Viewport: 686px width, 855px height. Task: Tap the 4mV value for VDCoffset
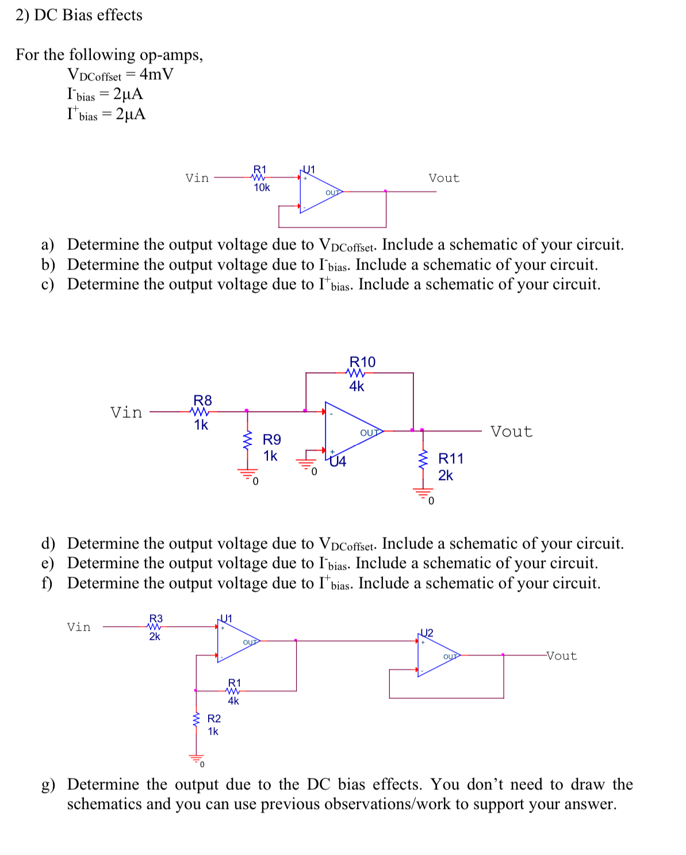point(156,74)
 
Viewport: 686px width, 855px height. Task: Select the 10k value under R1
point(262,187)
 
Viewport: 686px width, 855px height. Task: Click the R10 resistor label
point(362,362)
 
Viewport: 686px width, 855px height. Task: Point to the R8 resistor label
point(202,400)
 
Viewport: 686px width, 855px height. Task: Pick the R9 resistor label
point(272,440)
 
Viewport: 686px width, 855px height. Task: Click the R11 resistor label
point(450,458)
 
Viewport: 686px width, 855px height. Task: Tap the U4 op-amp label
point(338,462)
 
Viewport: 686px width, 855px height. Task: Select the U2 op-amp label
point(427,632)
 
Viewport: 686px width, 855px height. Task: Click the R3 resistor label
point(156,618)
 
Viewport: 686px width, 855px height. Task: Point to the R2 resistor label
point(214,719)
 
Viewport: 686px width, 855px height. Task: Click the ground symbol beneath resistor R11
point(424,493)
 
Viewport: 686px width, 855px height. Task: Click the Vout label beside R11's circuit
point(511,432)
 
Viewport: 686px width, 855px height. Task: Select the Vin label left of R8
point(126,412)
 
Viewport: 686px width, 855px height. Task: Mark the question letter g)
point(48,785)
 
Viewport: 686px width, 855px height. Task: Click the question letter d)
point(48,543)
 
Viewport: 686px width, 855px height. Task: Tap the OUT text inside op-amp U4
point(369,432)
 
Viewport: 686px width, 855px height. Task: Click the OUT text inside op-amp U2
point(450,656)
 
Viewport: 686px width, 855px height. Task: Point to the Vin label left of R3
point(79,627)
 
